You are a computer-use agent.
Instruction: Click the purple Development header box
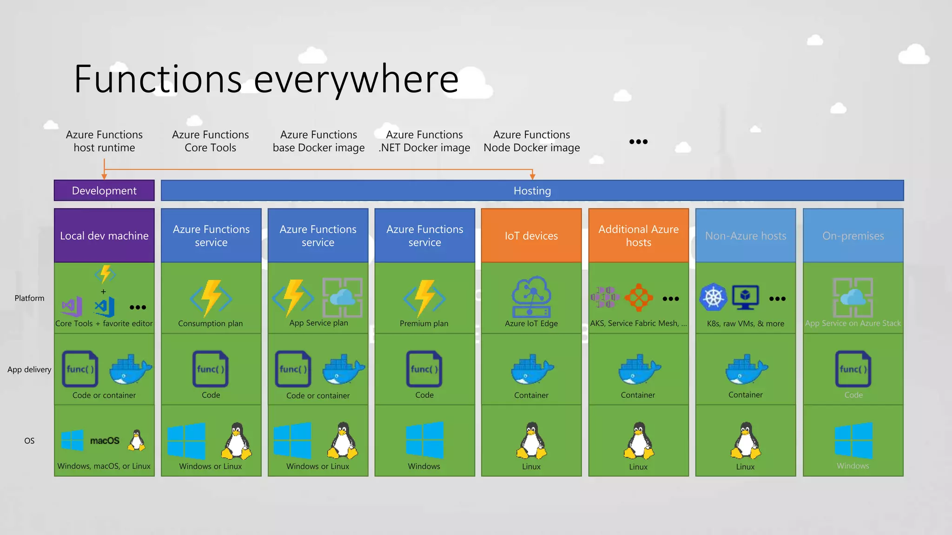[x=104, y=190]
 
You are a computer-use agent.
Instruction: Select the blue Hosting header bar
[x=532, y=190]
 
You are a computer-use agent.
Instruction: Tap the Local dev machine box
[x=104, y=235]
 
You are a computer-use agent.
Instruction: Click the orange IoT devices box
[x=531, y=235]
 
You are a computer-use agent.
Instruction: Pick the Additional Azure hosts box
[x=638, y=235]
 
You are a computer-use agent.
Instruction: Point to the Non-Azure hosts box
[x=745, y=235]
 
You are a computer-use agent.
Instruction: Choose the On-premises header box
[x=853, y=235]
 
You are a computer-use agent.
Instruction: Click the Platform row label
[x=29, y=298]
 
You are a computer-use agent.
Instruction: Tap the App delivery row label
[x=29, y=370]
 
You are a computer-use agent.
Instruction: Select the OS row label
[x=29, y=441]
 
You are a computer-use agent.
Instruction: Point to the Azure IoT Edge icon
[x=531, y=296]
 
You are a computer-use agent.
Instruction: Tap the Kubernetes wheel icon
[x=713, y=297]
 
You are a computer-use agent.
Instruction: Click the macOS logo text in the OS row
[x=105, y=441]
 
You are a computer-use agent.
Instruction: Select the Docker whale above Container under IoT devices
[x=531, y=369]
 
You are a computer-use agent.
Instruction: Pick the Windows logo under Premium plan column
[x=424, y=440]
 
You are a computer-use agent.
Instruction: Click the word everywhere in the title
[x=356, y=79]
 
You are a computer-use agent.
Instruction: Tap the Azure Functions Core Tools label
[x=210, y=141]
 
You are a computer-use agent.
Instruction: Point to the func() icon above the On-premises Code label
[x=853, y=369]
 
